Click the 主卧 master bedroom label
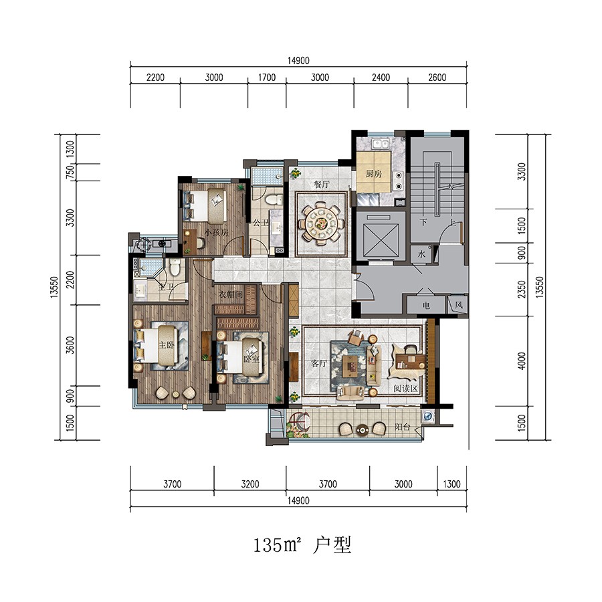(x=167, y=346)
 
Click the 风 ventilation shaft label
(x=458, y=306)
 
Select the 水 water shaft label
(x=422, y=255)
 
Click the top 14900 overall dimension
(x=298, y=60)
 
